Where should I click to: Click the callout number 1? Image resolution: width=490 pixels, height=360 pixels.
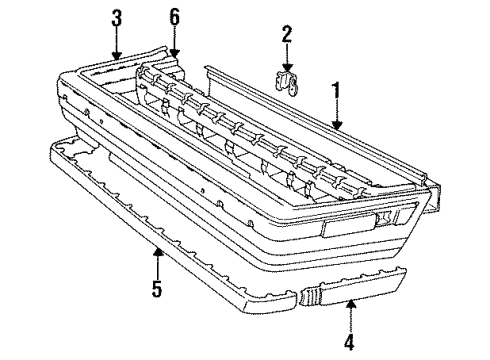click(x=336, y=92)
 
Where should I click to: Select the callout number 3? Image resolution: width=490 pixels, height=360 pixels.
click(x=118, y=17)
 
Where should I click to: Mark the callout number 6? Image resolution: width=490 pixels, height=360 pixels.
click(x=175, y=17)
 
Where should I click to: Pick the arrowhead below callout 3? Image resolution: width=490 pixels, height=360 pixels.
click(x=118, y=56)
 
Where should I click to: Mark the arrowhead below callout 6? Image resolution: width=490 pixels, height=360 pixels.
click(x=175, y=55)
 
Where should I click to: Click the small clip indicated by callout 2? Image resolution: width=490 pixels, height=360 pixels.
click(x=286, y=81)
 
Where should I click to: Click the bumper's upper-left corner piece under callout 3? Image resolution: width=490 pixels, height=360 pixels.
click(x=110, y=68)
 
